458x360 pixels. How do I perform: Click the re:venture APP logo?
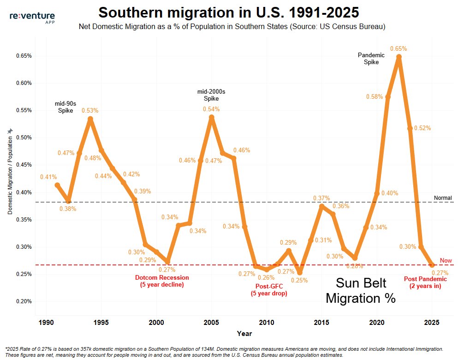pos(32,17)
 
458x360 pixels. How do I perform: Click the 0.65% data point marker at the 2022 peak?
pos(399,57)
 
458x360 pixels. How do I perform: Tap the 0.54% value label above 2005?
pos(211,109)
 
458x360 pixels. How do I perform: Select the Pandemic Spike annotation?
pos(371,59)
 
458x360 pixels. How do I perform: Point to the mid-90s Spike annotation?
pos(65,107)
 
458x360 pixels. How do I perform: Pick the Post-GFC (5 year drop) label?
pos(269,290)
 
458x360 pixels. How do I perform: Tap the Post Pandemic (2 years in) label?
pos(425,282)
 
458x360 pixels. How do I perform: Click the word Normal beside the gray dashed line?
pos(443,198)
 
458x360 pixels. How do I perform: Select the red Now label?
pos(446,260)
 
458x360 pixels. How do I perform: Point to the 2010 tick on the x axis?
pos(267,322)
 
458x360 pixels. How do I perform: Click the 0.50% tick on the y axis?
pos(24,138)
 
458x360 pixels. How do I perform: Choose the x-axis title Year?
pos(244,333)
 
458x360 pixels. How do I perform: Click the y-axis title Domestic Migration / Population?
pos(10,175)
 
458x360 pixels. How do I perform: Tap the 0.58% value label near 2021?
pos(375,96)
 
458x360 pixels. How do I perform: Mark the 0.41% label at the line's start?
pos(48,177)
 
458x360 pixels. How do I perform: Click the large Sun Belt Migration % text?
pos(361,290)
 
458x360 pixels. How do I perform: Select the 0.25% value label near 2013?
pos(299,280)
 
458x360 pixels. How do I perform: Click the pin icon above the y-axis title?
pos(10,131)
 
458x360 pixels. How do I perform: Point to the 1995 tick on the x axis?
pos(101,322)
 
